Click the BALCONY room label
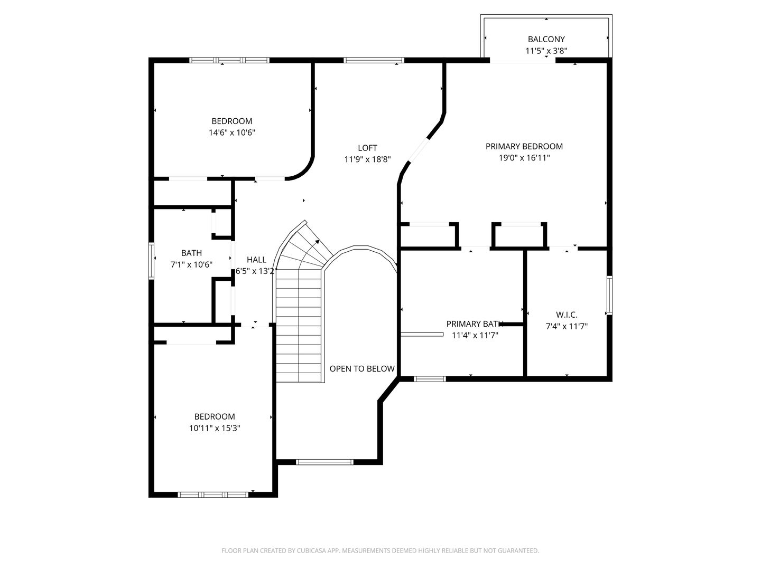click(546, 39)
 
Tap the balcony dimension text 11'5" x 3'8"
click(546, 51)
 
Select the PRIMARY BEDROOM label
click(524, 146)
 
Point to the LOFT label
click(367, 148)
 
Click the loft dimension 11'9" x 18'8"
click(367, 159)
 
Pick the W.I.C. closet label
click(567, 315)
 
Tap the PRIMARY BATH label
click(474, 324)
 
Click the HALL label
click(256, 260)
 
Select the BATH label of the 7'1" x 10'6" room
click(191, 253)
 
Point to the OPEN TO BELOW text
click(362, 368)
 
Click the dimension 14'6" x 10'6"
click(231, 132)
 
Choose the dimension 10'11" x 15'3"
click(214, 428)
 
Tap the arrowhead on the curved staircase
click(317, 242)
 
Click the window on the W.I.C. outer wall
click(609, 295)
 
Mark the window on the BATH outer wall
click(151, 261)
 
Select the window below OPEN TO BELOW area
click(324, 462)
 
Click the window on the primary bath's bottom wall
click(430, 378)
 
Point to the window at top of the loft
click(374, 60)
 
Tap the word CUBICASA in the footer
click(311, 550)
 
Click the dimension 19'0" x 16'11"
click(524, 158)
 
